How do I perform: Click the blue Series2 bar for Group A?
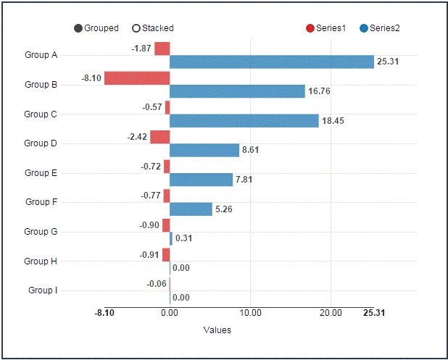(x=272, y=62)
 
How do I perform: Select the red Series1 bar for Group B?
(x=137, y=78)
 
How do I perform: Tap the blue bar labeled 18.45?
(x=244, y=121)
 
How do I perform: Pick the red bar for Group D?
(x=160, y=137)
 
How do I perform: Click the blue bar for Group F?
(x=191, y=209)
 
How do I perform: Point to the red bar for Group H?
(x=166, y=255)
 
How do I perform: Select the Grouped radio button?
(x=78, y=28)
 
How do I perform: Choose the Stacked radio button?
(x=136, y=28)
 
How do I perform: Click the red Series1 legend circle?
(x=310, y=28)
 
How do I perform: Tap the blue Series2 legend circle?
(x=364, y=28)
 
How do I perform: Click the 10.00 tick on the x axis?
(x=250, y=313)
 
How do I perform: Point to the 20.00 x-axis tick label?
(x=331, y=313)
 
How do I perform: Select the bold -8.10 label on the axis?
(x=104, y=313)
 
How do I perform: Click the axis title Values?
(x=217, y=330)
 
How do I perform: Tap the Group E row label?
(x=41, y=173)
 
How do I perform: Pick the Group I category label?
(x=43, y=290)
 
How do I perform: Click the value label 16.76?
(x=319, y=91)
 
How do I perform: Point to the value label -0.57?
(x=152, y=107)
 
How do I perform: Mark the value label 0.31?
(x=183, y=238)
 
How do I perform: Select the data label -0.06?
(x=157, y=284)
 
